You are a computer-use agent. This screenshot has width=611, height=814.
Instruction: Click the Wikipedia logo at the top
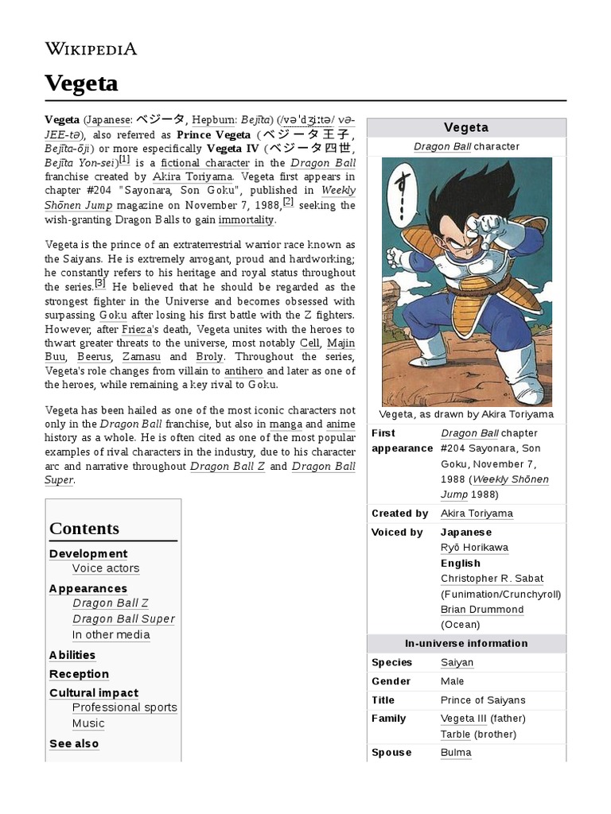(91, 48)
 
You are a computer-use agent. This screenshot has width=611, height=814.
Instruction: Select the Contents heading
(84, 529)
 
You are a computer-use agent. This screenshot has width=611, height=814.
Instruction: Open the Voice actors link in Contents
(106, 568)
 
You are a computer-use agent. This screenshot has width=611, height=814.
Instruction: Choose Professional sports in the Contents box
(124, 707)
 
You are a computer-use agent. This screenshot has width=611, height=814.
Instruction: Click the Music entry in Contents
(88, 723)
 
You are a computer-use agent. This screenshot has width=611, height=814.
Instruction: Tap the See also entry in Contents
(74, 743)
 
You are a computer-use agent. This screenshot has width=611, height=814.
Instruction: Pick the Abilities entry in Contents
(72, 655)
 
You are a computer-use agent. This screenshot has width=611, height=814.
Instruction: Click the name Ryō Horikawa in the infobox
(474, 548)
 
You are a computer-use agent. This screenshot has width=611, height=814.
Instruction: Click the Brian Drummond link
(482, 610)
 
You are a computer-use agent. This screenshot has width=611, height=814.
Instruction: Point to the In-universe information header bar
(465, 643)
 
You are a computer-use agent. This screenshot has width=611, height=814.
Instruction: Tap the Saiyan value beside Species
(457, 662)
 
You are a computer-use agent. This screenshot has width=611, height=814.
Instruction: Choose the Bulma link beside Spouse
(456, 752)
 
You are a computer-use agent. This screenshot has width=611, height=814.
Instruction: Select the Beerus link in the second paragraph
(94, 357)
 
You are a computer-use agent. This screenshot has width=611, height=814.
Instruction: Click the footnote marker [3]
(100, 283)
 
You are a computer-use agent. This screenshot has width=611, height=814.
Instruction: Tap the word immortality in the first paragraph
(247, 219)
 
